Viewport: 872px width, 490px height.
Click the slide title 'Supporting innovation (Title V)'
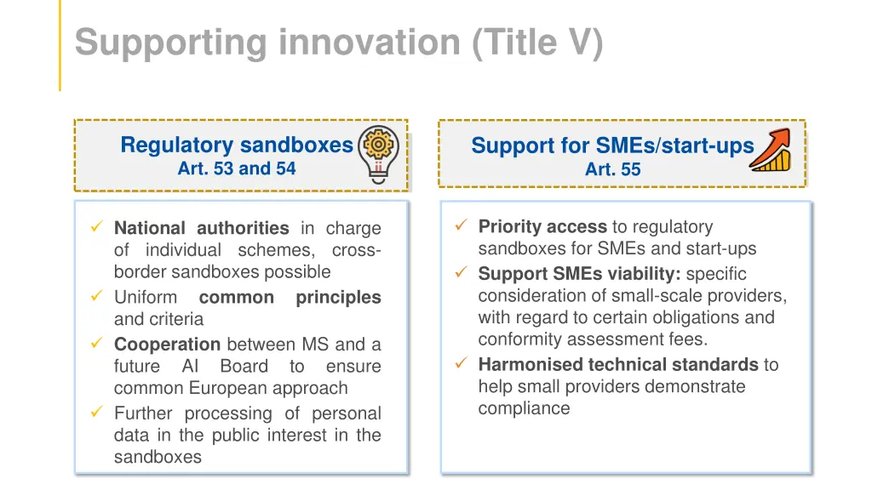(338, 43)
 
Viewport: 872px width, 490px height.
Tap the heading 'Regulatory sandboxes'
(236, 145)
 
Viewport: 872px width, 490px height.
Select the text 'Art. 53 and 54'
(236, 168)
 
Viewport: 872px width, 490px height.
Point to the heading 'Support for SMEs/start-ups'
(612, 145)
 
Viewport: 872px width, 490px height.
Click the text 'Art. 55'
(612, 169)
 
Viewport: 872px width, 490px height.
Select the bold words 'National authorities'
(201, 228)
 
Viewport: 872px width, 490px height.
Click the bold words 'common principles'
(290, 298)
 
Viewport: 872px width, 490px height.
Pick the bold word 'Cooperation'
(167, 345)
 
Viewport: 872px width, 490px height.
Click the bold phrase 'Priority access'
(542, 226)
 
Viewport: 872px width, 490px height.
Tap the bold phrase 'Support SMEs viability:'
(579, 274)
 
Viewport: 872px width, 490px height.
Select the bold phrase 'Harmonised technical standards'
(617, 365)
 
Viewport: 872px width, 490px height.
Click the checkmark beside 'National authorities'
(96, 227)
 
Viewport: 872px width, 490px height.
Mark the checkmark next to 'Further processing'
(96, 413)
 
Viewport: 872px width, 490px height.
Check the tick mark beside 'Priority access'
(461, 225)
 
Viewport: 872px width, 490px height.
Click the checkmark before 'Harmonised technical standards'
(461, 364)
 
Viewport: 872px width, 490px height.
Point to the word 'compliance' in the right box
(524, 408)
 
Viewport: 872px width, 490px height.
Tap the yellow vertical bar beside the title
(60, 44)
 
